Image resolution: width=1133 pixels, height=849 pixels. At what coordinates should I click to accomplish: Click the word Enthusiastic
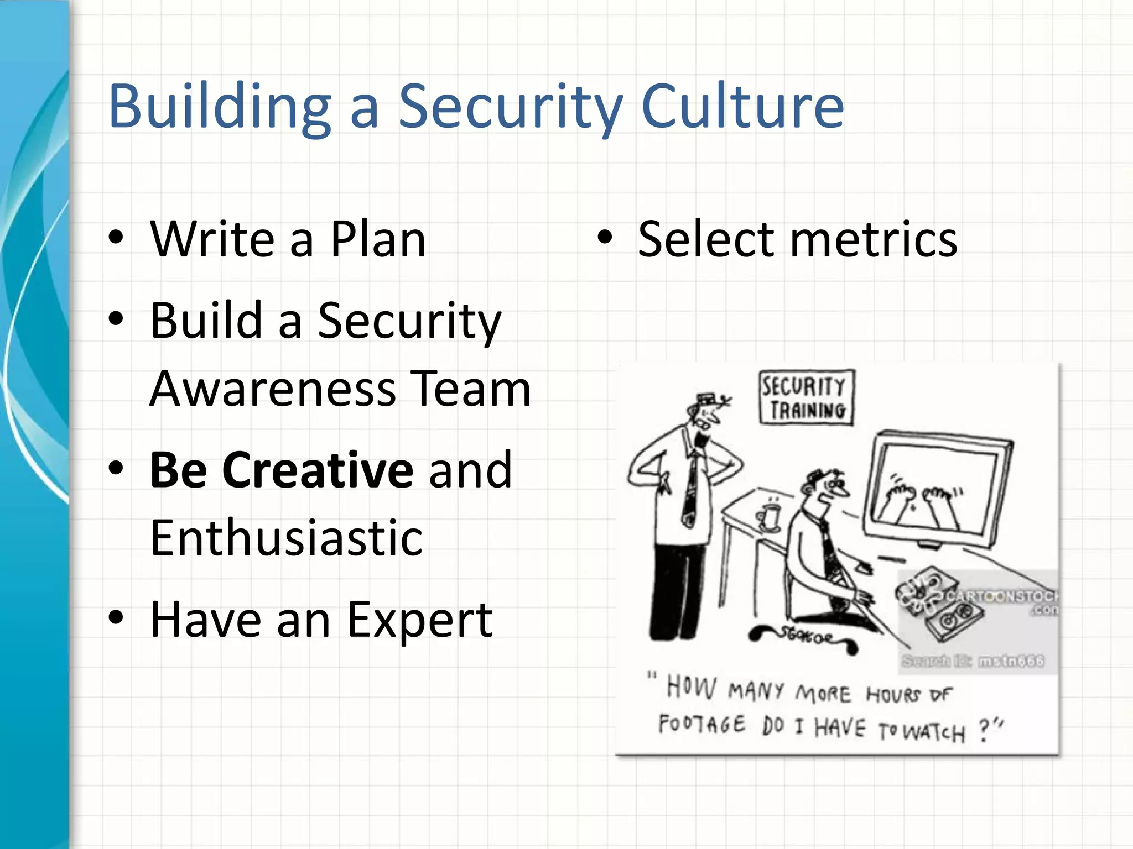(287, 537)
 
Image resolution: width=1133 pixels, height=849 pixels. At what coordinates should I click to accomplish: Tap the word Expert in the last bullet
(419, 620)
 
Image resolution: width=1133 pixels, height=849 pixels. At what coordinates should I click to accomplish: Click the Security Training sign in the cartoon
(807, 397)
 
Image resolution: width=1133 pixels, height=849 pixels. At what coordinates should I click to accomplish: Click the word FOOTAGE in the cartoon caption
(701, 724)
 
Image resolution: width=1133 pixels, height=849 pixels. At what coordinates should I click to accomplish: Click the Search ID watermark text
(973, 661)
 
